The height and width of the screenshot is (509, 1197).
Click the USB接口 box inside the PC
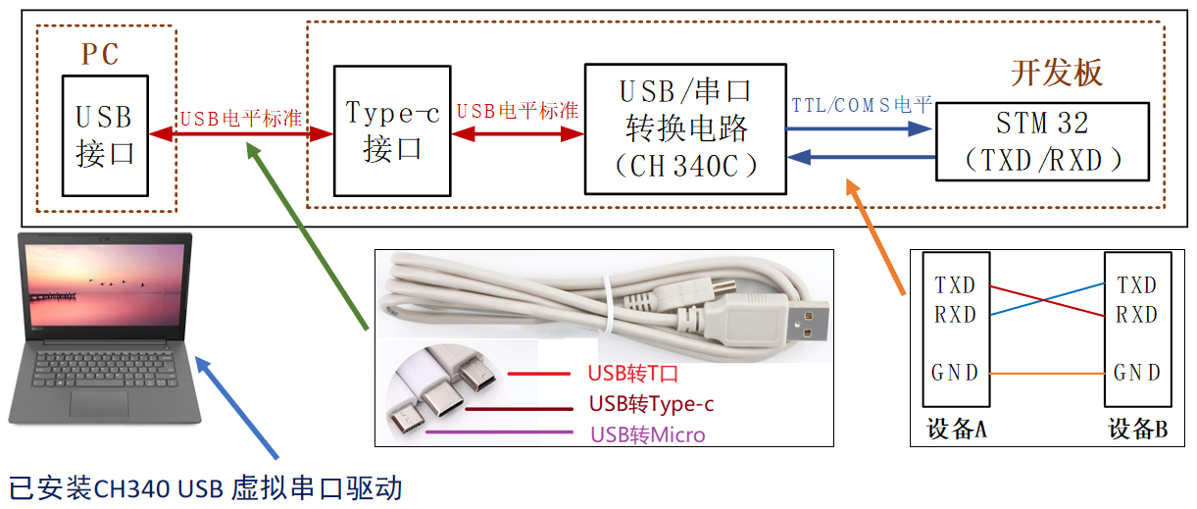coord(105,134)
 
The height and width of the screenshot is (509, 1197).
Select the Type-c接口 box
coord(392,130)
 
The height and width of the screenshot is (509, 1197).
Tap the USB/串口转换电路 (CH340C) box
coord(685,128)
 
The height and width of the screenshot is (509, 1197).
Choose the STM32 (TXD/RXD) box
coord(1042,142)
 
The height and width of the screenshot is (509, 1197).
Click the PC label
coord(100,55)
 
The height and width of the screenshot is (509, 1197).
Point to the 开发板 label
coord(1057,74)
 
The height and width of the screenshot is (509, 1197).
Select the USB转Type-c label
coord(651,404)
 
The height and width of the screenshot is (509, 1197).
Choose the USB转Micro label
coord(647,434)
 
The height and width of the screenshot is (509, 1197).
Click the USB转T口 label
coord(633,374)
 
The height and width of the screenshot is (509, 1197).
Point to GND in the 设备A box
coord(955,373)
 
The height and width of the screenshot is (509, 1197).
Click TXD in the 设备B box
coord(1137,285)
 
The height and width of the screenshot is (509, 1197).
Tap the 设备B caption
coord(1137,430)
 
